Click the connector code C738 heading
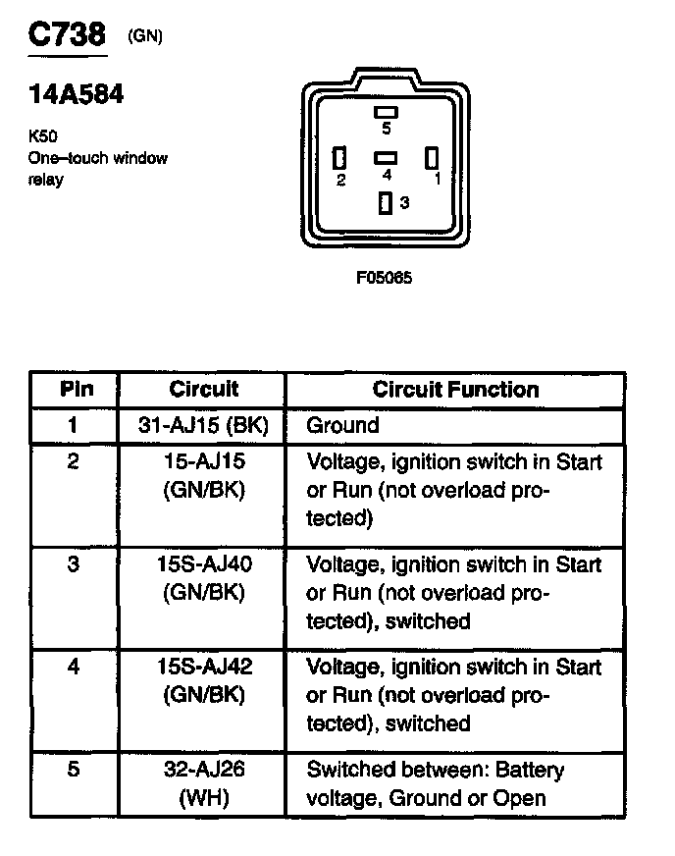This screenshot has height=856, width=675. (66, 34)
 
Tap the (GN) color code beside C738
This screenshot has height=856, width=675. (145, 37)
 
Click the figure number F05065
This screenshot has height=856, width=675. (384, 278)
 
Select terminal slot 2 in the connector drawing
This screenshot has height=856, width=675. (340, 158)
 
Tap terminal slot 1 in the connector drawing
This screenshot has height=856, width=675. (431, 157)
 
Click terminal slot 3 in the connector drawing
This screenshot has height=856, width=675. (386, 203)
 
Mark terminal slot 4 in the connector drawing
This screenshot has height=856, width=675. (386, 157)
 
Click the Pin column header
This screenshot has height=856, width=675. (77, 389)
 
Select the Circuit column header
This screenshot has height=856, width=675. (203, 389)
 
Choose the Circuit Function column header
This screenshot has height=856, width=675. (455, 389)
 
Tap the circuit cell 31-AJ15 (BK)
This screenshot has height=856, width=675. (204, 425)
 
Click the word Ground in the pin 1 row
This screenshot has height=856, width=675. (342, 425)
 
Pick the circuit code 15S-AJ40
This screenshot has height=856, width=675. (204, 565)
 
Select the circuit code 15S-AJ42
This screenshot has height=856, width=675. (204, 668)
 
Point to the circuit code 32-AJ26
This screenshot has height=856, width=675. (204, 770)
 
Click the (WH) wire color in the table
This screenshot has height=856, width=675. (204, 798)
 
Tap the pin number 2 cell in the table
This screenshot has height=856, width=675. (75, 462)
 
